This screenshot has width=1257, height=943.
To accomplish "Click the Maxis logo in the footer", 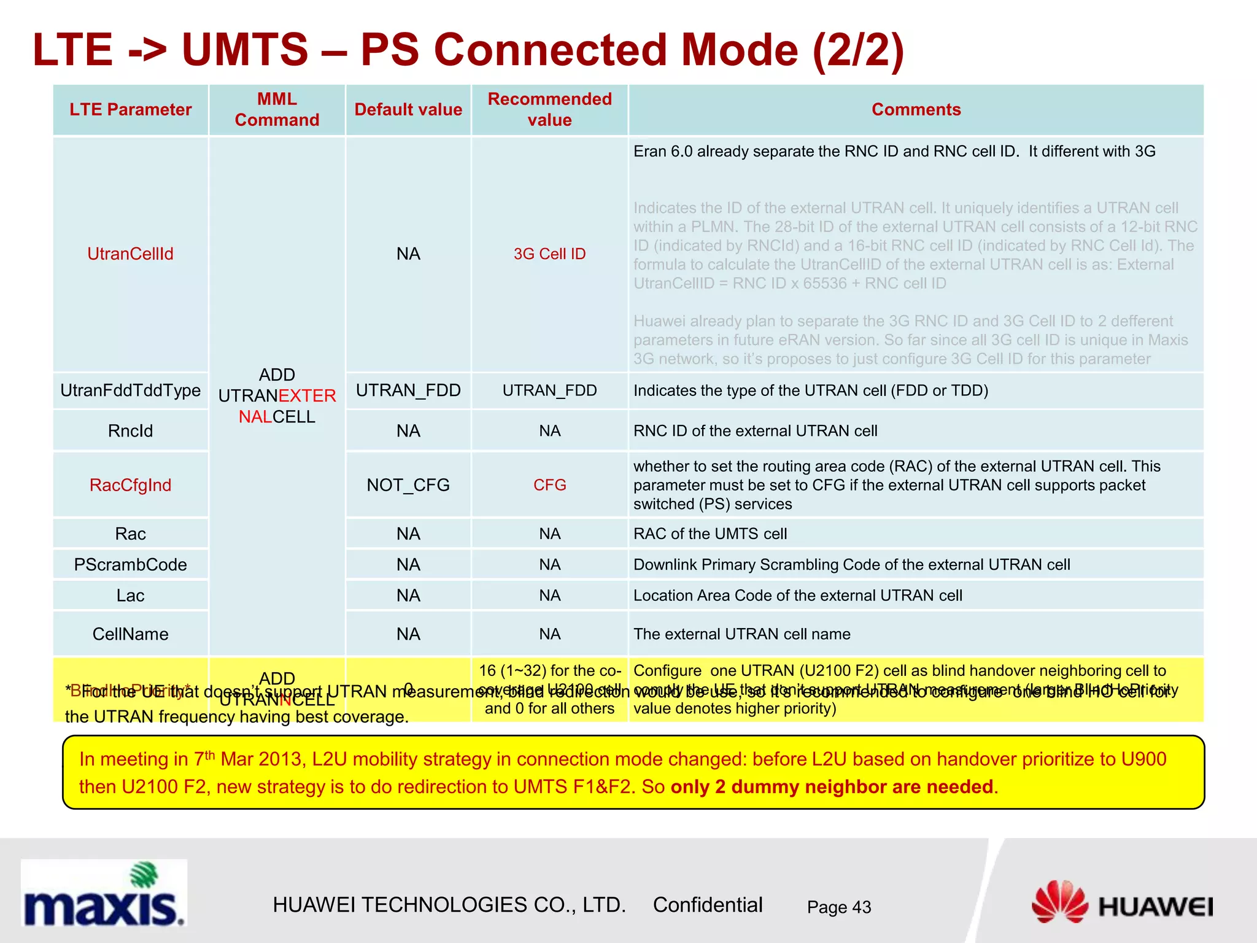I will coord(103,894).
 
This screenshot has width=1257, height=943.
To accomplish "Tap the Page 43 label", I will coord(838,907).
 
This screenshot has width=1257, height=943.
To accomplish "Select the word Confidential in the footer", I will coord(707,904).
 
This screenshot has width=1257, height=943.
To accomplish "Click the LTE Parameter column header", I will coord(130,109).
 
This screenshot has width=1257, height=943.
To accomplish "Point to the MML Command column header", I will coord(277,109).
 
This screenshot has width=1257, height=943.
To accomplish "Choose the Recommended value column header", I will coord(549,109).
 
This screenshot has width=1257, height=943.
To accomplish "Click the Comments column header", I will coord(916,109).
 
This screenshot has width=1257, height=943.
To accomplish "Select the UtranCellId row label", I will coord(130,254).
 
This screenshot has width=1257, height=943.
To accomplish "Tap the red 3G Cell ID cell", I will coord(549,254).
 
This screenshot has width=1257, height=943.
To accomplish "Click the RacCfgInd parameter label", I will coord(130,485).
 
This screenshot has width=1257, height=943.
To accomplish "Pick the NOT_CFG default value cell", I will coord(408,485).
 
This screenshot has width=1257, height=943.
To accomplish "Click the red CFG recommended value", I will coord(549,485).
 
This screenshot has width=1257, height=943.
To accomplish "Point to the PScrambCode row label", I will coord(130,564).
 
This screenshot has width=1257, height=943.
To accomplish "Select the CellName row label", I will coord(130,634).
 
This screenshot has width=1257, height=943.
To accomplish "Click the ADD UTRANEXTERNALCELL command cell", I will coord(277,395).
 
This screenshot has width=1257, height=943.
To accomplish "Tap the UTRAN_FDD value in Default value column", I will coord(408,390).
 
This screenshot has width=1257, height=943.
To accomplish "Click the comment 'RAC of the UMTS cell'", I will coord(710,534).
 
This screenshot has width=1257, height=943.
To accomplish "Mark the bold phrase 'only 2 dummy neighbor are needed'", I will coord(832,786).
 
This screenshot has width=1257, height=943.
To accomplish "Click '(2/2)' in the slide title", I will coord(858,50).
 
